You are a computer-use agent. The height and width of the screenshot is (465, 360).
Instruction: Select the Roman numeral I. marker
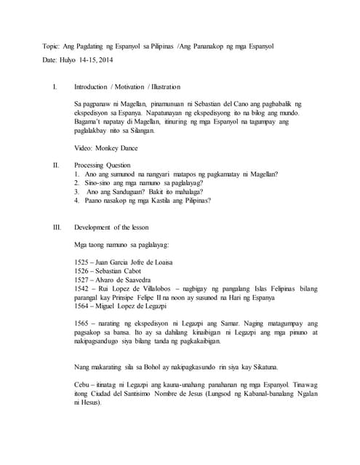click(x=56, y=87)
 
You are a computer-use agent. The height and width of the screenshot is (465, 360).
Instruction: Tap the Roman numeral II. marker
click(x=56, y=166)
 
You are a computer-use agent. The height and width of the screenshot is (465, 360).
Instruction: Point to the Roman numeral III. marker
click(x=57, y=227)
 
